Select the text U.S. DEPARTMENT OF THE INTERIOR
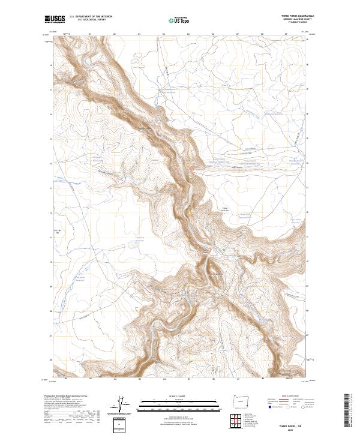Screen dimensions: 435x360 pos(91,17)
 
